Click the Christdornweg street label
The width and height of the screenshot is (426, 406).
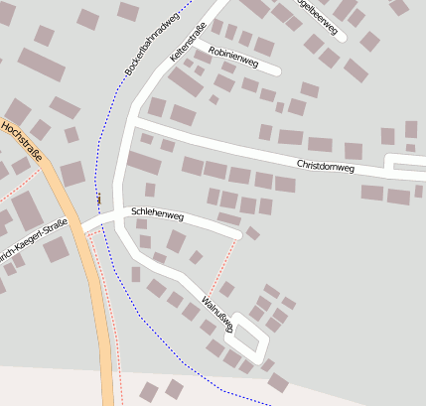click(x=325, y=166)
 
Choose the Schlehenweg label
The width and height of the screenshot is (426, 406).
click(x=156, y=212)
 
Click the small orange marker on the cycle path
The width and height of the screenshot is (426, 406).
click(x=99, y=200)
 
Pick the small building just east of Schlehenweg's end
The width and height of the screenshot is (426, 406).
click(x=253, y=233)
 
